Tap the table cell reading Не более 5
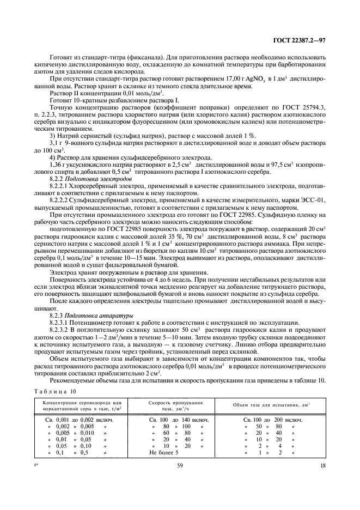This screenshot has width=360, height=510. [164, 452]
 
